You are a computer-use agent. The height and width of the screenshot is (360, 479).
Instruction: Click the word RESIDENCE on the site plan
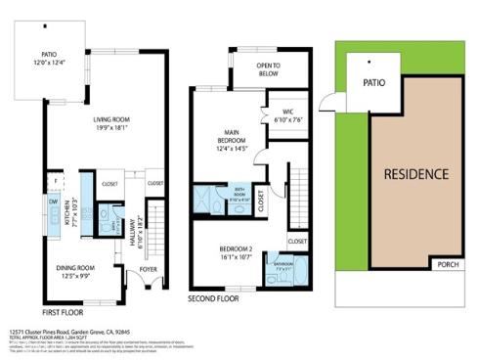coord(414,174)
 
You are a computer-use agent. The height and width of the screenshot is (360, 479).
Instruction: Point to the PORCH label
coord(448,264)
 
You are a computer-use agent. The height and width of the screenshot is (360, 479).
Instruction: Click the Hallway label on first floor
coord(139,235)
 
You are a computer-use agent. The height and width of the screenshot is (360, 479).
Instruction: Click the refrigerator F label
coord(57,181)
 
